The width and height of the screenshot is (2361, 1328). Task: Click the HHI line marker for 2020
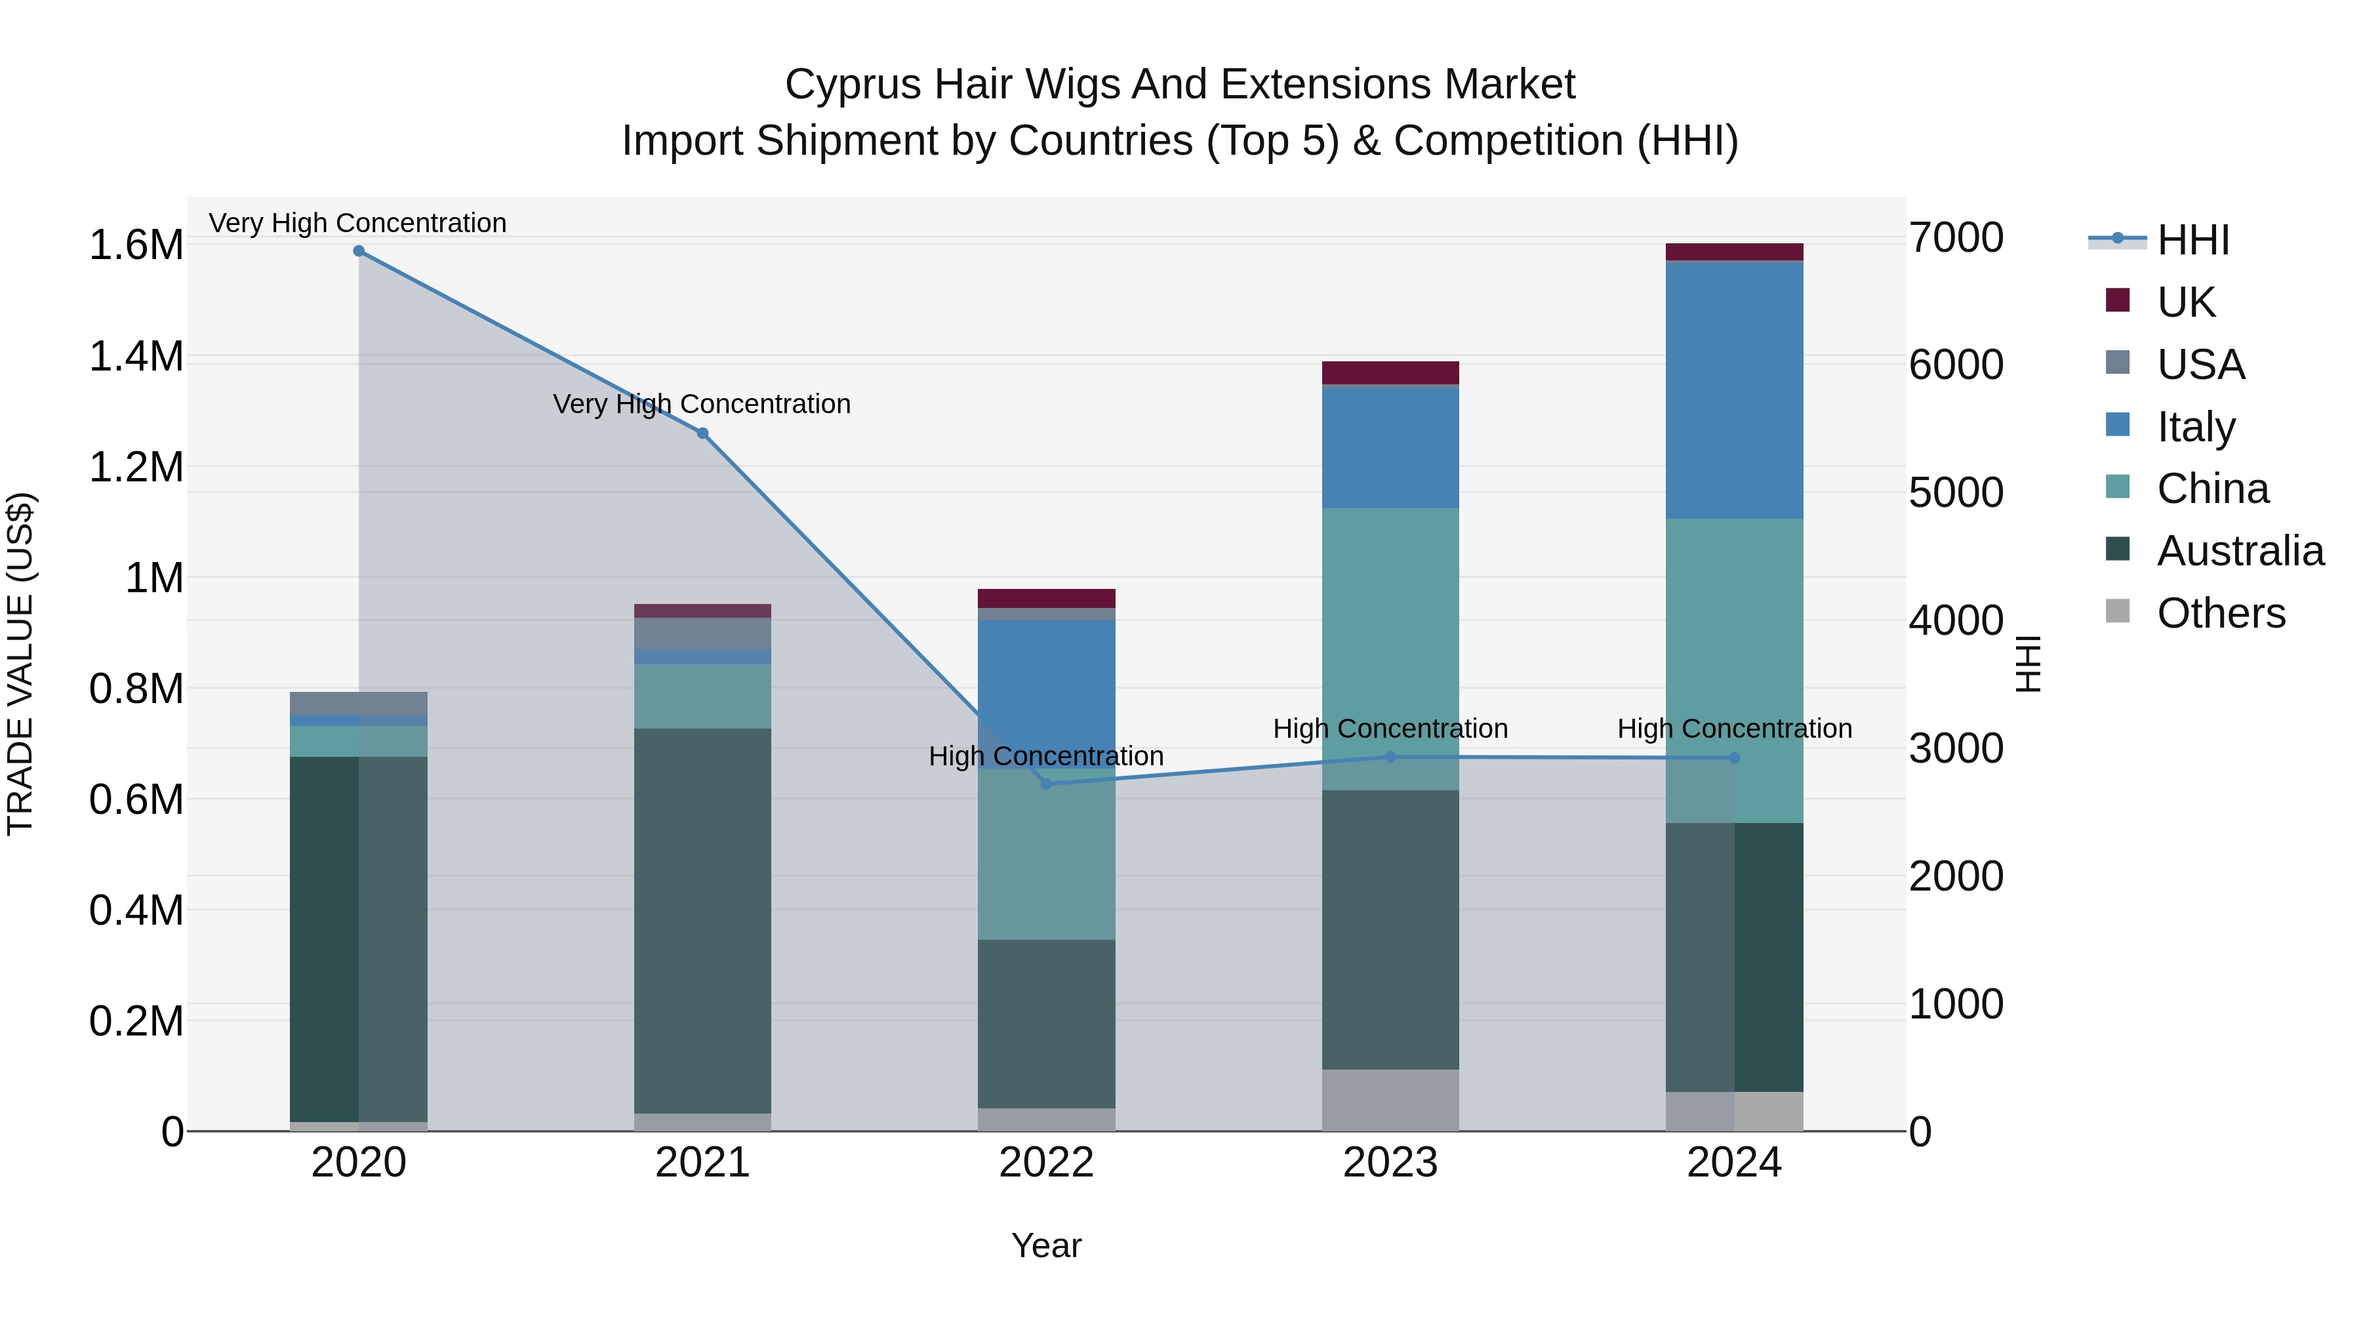click(358, 251)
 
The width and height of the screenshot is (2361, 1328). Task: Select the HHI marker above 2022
click(1047, 784)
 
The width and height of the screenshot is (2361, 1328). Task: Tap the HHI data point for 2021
click(703, 433)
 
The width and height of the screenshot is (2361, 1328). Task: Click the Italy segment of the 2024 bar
click(1734, 390)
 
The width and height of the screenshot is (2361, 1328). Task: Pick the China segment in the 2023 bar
click(1390, 641)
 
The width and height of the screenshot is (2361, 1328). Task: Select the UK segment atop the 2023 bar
click(1390, 372)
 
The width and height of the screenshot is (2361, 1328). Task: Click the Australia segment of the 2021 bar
click(703, 917)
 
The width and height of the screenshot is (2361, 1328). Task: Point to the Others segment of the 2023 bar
click(1390, 1100)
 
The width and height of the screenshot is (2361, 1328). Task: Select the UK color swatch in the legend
click(2117, 300)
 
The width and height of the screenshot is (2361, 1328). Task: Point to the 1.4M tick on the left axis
click(136, 357)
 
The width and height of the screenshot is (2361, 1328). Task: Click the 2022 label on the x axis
click(1047, 1163)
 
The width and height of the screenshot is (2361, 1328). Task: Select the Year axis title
click(1046, 1245)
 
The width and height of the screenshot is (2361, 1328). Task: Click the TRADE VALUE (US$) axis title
click(20, 664)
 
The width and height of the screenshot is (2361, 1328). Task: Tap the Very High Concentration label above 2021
click(701, 404)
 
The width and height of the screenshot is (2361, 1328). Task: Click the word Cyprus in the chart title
click(853, 85)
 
